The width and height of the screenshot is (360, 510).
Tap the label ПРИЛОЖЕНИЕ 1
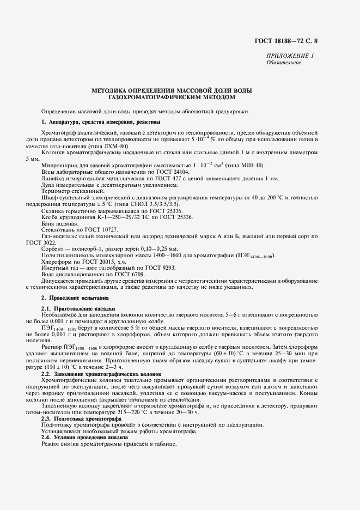click(290, 56)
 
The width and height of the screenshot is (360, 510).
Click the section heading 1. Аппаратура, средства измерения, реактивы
click(101, 121)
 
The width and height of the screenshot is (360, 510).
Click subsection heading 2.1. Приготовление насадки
click(78, 309)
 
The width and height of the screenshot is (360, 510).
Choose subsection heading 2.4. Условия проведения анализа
click(84, 438)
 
